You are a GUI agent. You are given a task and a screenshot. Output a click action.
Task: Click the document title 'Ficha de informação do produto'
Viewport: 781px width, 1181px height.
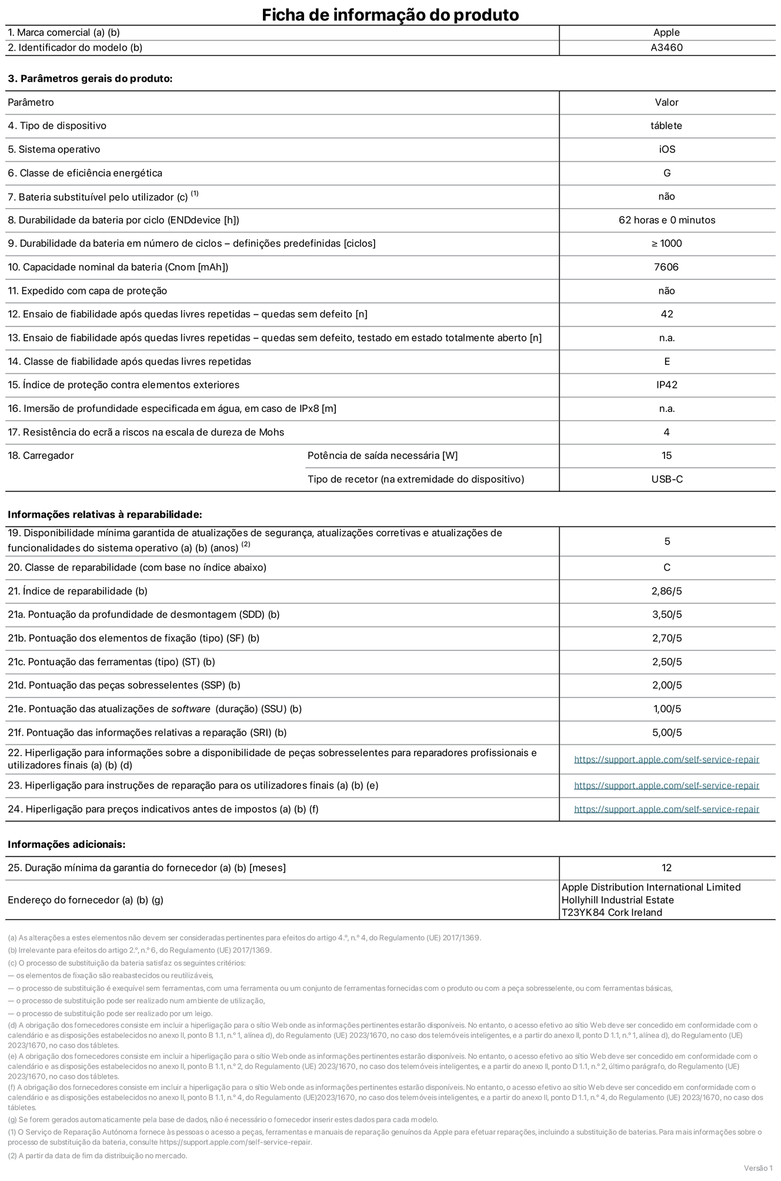tap(390, 14)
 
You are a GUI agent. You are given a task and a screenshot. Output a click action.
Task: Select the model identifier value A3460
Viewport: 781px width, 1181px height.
tap(666, 48)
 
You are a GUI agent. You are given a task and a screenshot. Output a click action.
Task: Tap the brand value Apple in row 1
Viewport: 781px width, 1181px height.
tap(666, 33)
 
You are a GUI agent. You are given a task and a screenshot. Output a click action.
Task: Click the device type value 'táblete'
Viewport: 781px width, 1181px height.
tap(666, 126)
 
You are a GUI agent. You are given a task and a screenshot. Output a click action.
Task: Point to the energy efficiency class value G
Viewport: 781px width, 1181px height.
tap(666, 173)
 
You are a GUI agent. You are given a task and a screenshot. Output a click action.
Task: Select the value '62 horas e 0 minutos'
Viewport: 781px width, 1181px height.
tap(666, 220)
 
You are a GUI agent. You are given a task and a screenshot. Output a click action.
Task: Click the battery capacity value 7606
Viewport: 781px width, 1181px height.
tap(666, 267)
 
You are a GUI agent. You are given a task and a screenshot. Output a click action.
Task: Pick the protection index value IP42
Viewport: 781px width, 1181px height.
tap(666, 385)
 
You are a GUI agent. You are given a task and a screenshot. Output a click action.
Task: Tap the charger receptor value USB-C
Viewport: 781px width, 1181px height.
tap(666, 479)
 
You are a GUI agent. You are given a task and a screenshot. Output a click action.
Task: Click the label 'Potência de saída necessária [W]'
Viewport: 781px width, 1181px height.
tap(382, 455)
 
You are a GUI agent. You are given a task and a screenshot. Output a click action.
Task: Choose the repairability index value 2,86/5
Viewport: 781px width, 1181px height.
tap(666, 591)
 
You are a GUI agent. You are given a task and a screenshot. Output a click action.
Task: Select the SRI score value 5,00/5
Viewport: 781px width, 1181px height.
tap(666, 733)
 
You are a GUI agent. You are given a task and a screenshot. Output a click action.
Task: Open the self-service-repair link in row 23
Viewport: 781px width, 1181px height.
tap(666, 786)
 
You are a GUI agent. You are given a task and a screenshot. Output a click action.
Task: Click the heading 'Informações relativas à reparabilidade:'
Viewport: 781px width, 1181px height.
tap(105, 514)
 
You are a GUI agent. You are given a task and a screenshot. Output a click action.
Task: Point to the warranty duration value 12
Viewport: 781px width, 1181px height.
tap(666, 868)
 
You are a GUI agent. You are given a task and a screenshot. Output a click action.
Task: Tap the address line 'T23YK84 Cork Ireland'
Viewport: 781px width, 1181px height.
tap(612, 912)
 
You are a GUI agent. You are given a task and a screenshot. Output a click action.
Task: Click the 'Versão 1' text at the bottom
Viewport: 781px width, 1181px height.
tap(758, 1167)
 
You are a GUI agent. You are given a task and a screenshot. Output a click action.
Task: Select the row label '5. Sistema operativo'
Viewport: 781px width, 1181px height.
tap(54, 149)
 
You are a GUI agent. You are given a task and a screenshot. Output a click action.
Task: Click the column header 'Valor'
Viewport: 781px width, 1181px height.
tap(666, 102)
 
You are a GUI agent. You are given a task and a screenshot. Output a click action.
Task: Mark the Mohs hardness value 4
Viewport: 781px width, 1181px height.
tap(666, 432)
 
